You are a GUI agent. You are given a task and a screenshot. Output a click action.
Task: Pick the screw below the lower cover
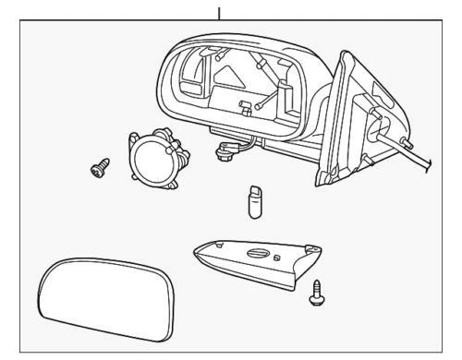[x=317, y=294]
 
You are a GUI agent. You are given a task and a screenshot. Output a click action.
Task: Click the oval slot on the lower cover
[x=261, y=256]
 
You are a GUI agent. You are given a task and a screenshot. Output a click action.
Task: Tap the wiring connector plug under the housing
[x=225, y=147]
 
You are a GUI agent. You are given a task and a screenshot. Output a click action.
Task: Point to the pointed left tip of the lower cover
[x=197, y=248]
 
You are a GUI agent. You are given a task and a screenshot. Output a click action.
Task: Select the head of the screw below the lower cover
[x=316, y=288]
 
